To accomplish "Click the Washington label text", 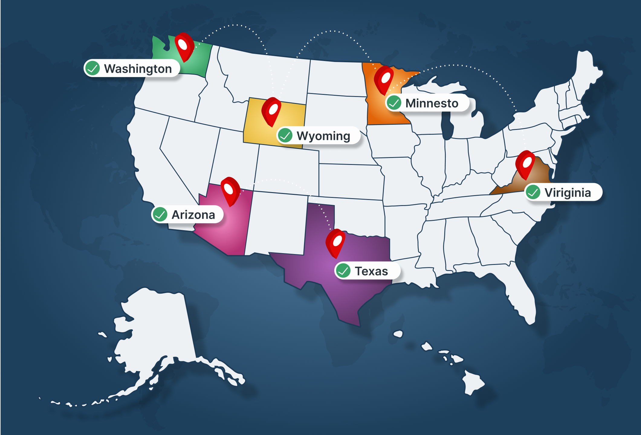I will [138, 69].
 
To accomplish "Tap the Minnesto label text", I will [432, 103].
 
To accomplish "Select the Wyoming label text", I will [323, 136].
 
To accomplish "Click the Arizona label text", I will [193, 215].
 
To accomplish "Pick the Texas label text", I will [371, 271].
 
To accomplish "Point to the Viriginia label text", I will [568, 192].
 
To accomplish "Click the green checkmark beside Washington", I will [92, 68].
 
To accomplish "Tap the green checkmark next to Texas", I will [343, 270].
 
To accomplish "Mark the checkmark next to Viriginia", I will [533, 192].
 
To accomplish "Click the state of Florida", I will [520, 296].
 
